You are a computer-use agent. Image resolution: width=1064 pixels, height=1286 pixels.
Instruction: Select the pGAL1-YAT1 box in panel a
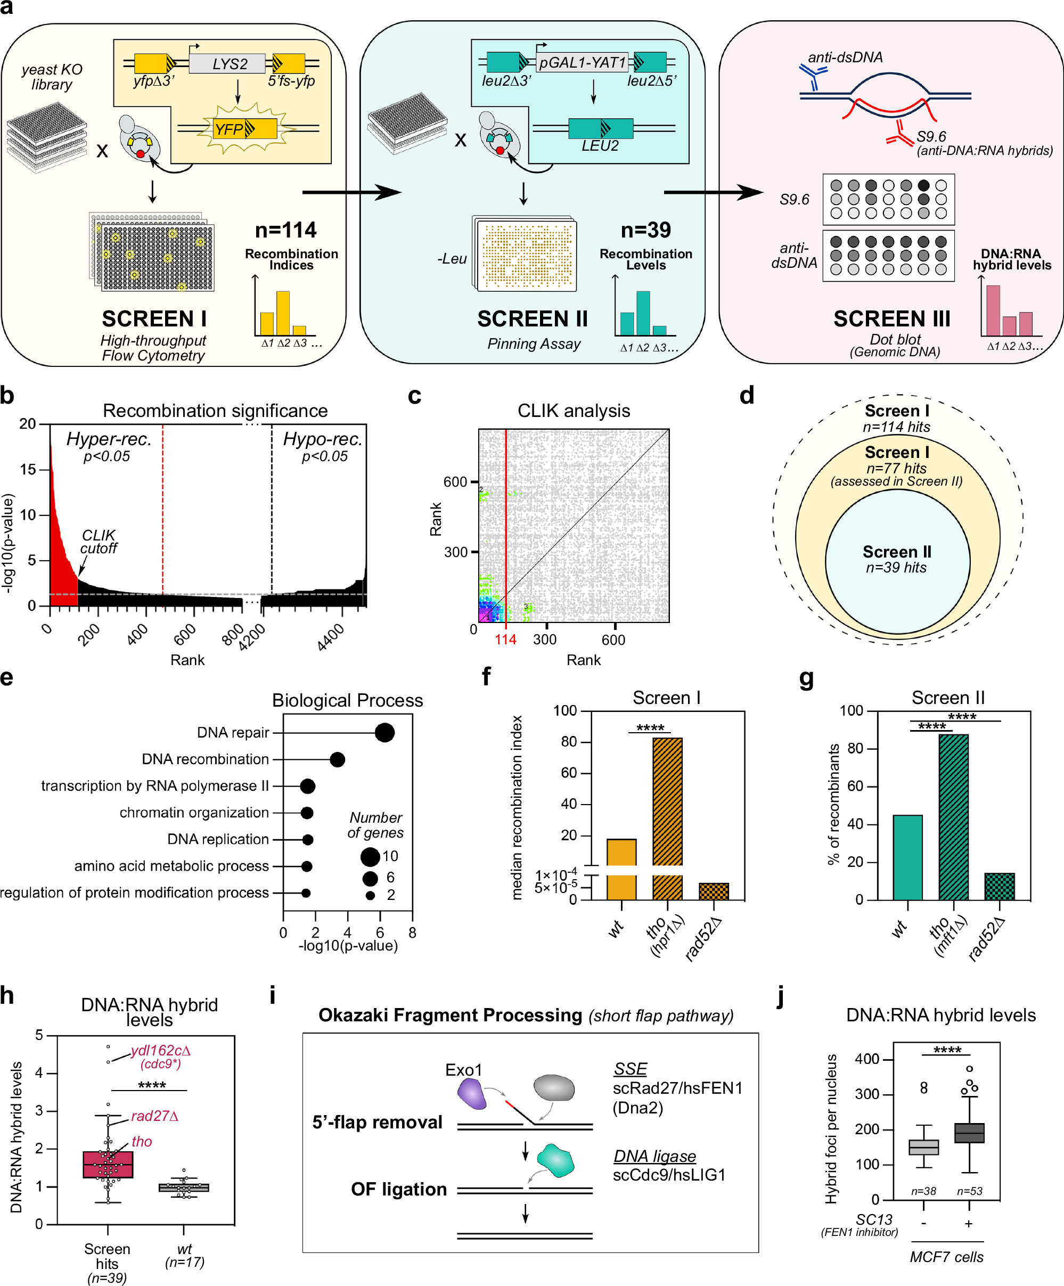tap(582, 62)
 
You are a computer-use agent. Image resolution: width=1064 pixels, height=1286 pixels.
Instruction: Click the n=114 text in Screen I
tap(285, 230)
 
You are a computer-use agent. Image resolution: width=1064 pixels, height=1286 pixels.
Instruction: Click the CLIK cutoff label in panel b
tap(99, 542)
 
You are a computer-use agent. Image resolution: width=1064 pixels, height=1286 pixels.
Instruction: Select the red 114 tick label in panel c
tap(505, 640)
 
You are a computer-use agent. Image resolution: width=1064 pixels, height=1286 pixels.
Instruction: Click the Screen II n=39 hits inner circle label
tap(897, 559)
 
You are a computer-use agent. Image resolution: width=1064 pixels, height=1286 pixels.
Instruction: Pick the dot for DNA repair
tap(384, 732)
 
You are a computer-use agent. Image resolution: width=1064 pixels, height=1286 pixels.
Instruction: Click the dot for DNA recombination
tap(337, 759)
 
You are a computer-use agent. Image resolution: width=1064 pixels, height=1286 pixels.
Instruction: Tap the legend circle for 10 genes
tap(370, 856)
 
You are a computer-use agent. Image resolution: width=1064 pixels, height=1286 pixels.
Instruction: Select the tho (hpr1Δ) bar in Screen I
tap(667, 802)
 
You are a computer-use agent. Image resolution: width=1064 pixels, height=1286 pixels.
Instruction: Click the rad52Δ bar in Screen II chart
tap(999, 886)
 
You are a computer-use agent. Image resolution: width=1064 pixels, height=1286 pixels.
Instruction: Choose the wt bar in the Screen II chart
tap(907, 857)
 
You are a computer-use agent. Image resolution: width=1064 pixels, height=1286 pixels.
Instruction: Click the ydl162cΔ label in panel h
tap(160, 1051)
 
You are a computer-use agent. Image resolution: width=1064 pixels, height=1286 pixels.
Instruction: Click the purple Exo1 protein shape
tap(472, 1094)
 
